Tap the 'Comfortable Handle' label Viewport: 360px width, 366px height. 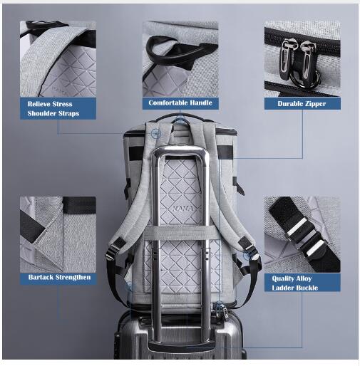tap(180, 103)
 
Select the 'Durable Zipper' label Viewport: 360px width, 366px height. tap(302, 104)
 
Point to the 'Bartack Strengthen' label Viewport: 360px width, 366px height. tap(58, 278)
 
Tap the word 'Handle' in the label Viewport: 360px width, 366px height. tap(200, 103)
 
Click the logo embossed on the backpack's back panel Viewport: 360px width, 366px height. tap(183, 209)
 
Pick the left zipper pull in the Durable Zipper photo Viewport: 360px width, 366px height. tap(286, 59)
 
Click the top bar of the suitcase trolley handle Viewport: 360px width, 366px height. tap(180, 150)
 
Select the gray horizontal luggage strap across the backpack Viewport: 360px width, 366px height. tap(181, 233)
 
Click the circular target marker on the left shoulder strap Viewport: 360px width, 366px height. tap(155, 134)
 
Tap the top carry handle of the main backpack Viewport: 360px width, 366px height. tap(180, 117)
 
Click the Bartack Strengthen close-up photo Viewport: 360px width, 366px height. tap(58, 234)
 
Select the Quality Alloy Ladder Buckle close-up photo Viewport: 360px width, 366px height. tap(302, 234)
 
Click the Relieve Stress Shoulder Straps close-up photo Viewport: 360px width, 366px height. tap(58, 59)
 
